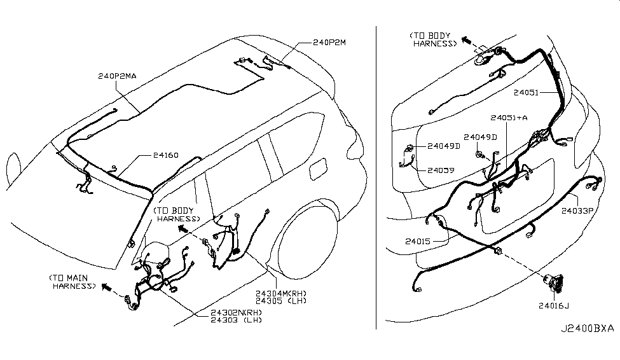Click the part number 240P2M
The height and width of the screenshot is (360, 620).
click(x=329, y=43)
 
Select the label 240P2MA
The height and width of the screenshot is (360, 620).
click(x=117, y=76)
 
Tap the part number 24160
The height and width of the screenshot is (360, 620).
click(x=166, y=155)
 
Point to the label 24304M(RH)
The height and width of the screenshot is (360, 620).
click(x=280, y=293)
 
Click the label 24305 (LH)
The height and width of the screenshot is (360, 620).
click(x=280, y=301)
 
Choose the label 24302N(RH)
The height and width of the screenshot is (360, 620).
click(x=236, y=312)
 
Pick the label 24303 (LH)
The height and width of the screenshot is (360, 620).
click(x=236, y=319)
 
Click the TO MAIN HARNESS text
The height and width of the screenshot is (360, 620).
click(x=72, y=282)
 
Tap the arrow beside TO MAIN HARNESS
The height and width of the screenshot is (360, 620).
click(x=106, y=287)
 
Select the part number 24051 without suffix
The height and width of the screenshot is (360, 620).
click(x=526, y=93)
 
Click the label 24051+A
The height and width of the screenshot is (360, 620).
click(x=509, y=118)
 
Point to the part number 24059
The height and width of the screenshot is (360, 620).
click(x=441, y=170)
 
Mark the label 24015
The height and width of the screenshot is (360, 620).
click(x=418, y=241)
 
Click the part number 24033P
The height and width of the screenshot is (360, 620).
click(x=577, y=211)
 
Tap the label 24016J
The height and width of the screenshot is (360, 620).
click(x=554, y=305)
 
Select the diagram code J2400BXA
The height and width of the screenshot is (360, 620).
click(x=587, y=328)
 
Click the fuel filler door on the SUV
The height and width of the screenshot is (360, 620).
click(x=319, y=169)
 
